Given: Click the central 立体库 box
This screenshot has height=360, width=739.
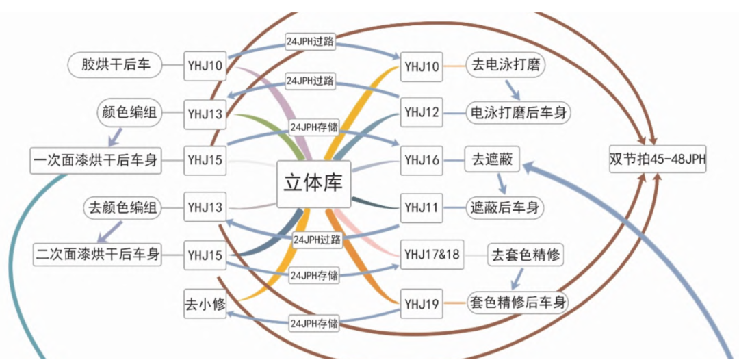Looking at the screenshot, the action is (313, 183).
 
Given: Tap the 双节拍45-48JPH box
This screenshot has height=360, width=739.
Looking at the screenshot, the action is (658, 159).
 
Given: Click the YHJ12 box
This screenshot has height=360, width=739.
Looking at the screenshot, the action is (421, 112).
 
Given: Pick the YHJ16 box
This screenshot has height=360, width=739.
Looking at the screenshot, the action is (421, 160).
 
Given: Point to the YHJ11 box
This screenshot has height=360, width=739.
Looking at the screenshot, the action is (421, 207).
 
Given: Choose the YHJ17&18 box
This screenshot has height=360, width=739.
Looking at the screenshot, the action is (432, 255).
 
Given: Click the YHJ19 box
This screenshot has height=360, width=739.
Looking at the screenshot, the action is (421, 303).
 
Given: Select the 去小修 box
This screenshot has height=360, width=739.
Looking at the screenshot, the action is (205, 303).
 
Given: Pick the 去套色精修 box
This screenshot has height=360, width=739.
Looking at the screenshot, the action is (526, 255).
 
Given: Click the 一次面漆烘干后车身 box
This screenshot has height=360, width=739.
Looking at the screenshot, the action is (96, 160).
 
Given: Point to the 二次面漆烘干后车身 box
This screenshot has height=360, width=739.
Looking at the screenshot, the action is (98, 255).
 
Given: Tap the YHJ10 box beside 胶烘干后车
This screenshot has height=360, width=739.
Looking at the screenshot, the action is (205, 66).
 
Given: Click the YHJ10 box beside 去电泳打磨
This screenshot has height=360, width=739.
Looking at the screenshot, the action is (421, 66).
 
